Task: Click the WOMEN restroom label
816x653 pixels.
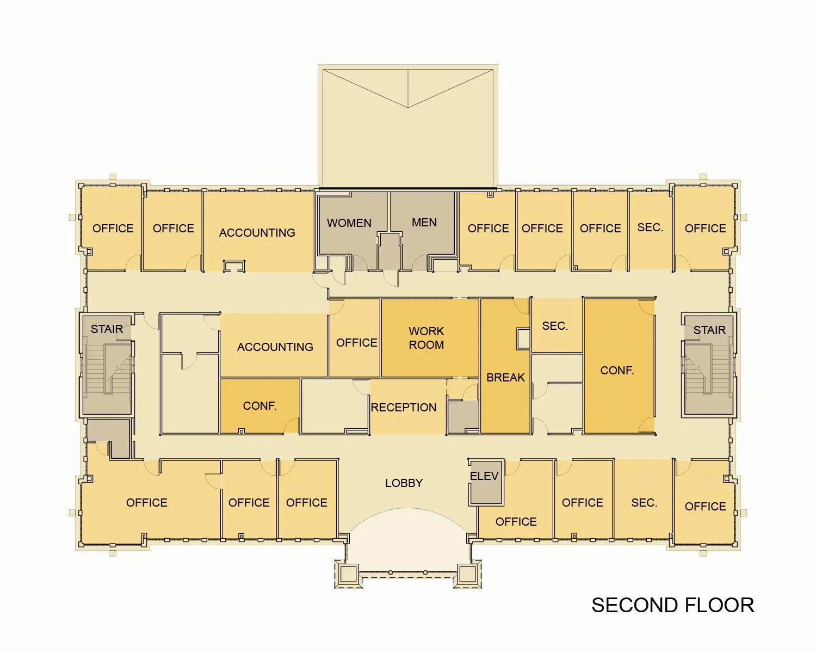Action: [349, 223]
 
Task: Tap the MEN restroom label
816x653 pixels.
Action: [424, 223]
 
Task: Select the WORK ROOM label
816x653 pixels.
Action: [426, 338]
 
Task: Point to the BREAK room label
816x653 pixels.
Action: [505, 378]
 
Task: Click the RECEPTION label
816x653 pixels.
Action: [404, 408]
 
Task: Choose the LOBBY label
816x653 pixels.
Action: [404, 483]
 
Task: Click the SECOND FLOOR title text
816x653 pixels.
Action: [672, 605]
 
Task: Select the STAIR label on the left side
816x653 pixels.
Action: [107, 329]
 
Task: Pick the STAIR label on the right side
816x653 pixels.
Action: [709, 330]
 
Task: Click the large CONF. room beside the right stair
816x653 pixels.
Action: [617, 371]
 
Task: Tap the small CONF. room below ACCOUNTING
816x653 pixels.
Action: [259, 406]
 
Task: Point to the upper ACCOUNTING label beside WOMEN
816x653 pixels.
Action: [257, 233]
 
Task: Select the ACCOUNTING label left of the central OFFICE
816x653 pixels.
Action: [275, 347]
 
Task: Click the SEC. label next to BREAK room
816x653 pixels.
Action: [555, 326]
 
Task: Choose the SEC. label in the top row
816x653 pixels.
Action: [650, 227]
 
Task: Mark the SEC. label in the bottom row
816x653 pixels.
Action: [644, 503]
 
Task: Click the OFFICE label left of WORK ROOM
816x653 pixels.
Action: [356, 343]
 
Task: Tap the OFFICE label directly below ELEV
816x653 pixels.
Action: [516, 522]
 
